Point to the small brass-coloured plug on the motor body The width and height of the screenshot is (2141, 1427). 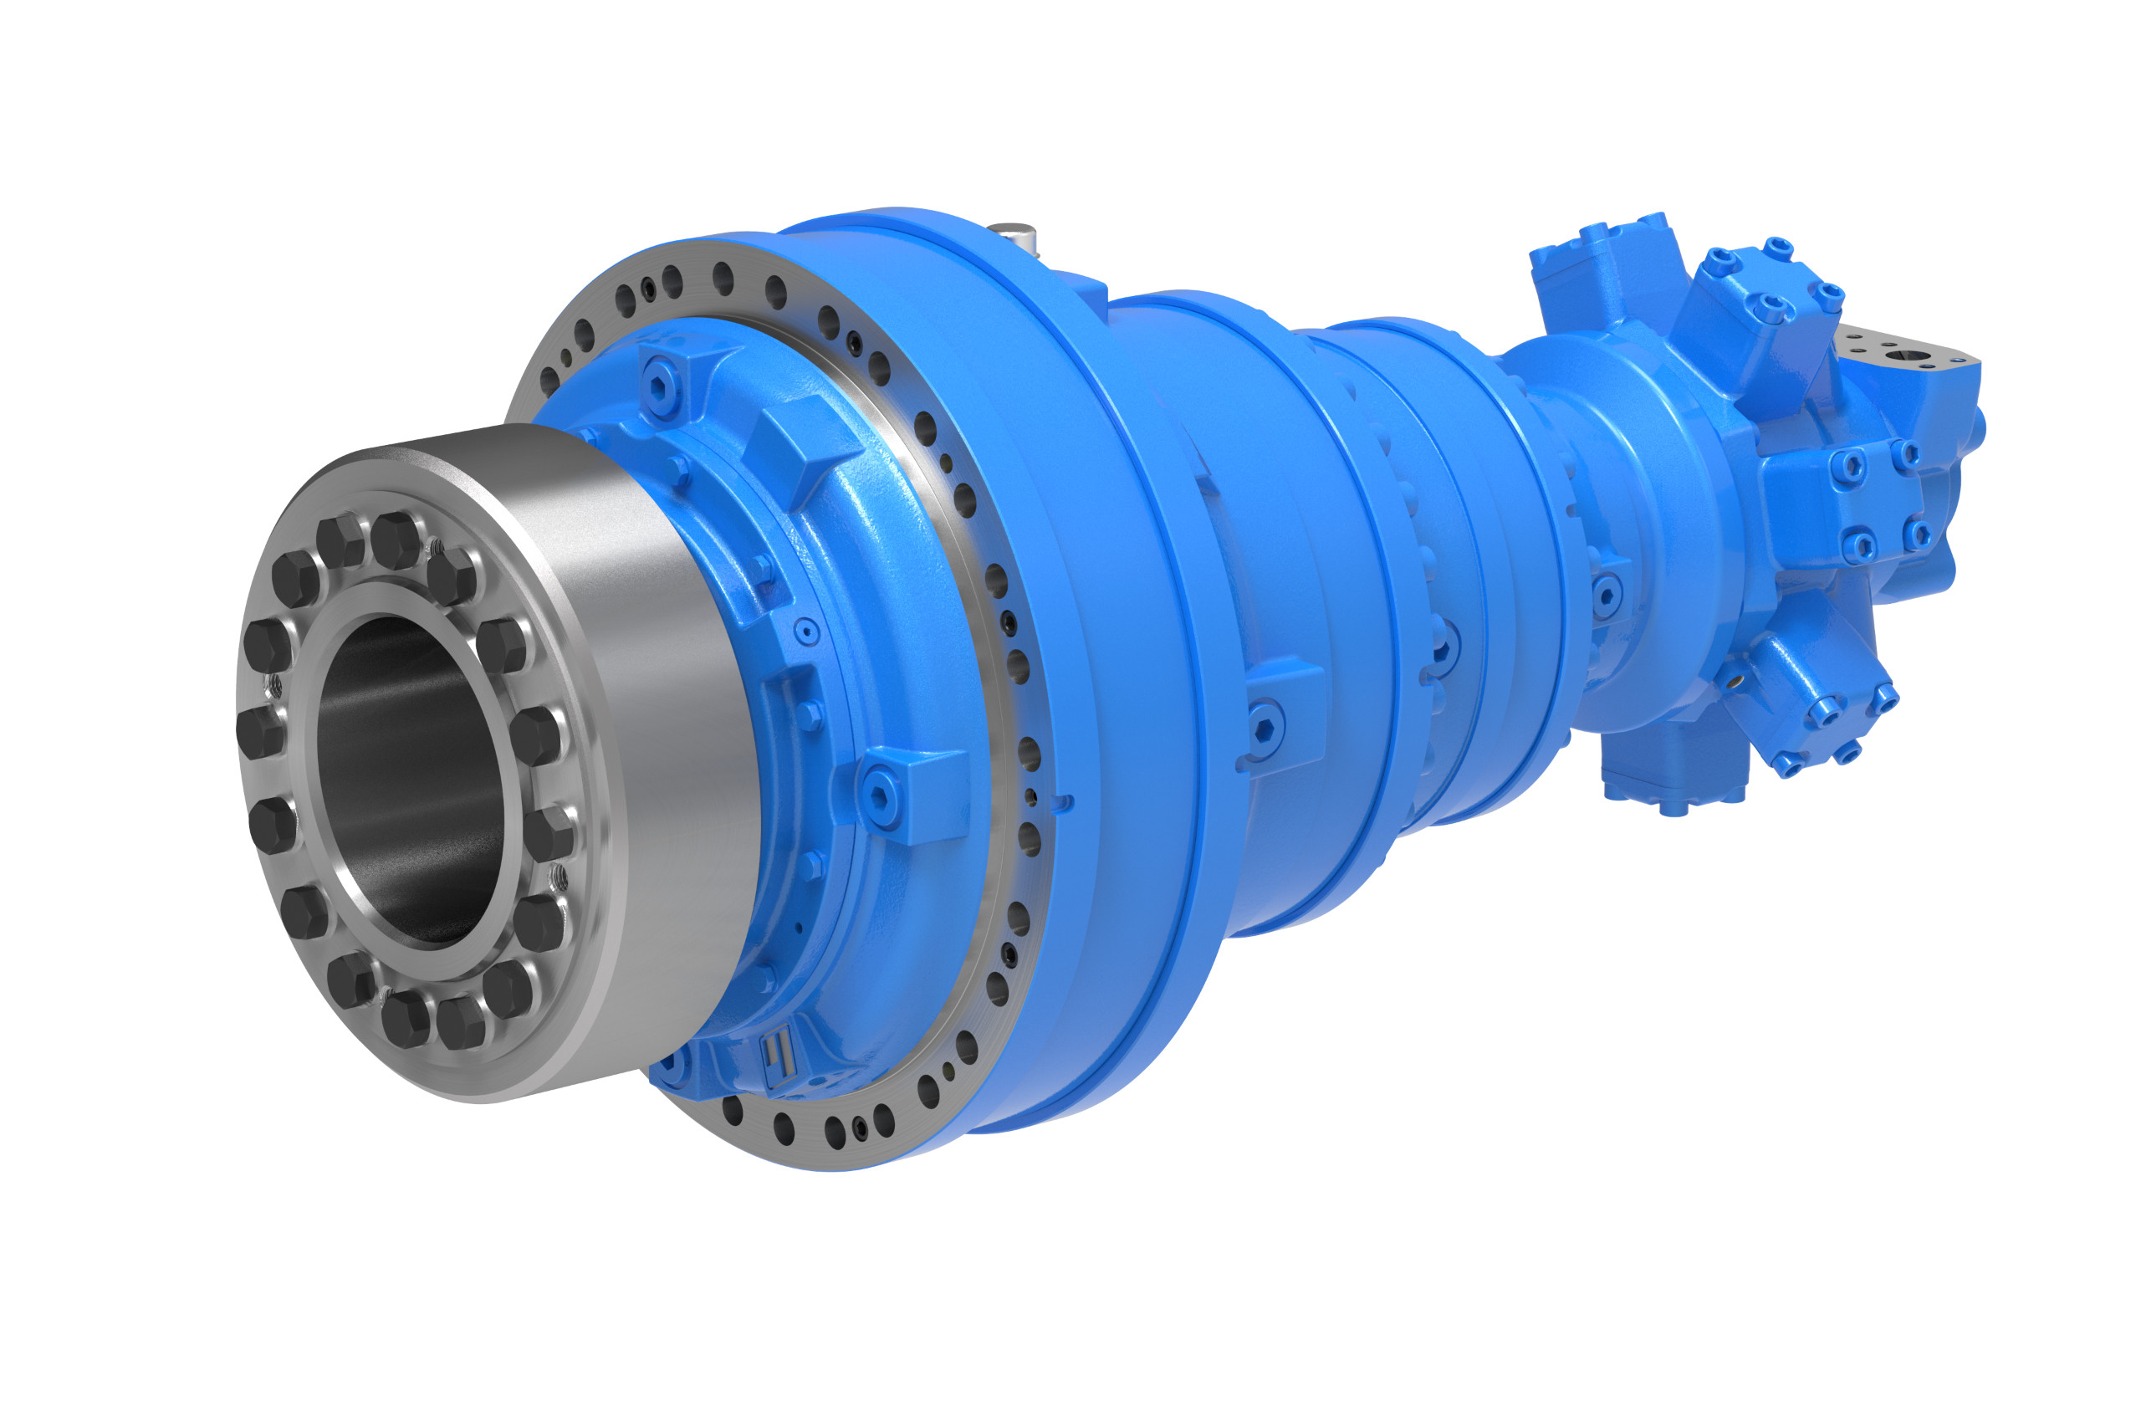coord(1735,678)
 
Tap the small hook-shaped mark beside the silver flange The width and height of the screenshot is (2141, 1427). coord(1063,803)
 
